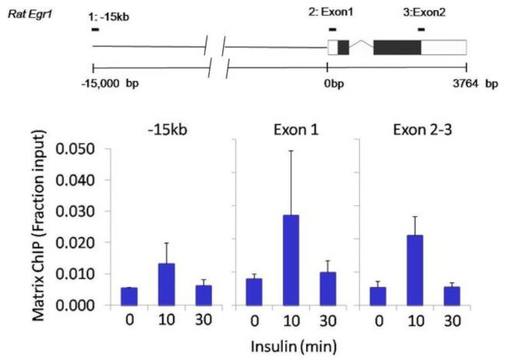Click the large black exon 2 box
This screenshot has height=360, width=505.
point(397,47)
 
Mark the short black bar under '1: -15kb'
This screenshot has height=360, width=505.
point(94,30)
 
